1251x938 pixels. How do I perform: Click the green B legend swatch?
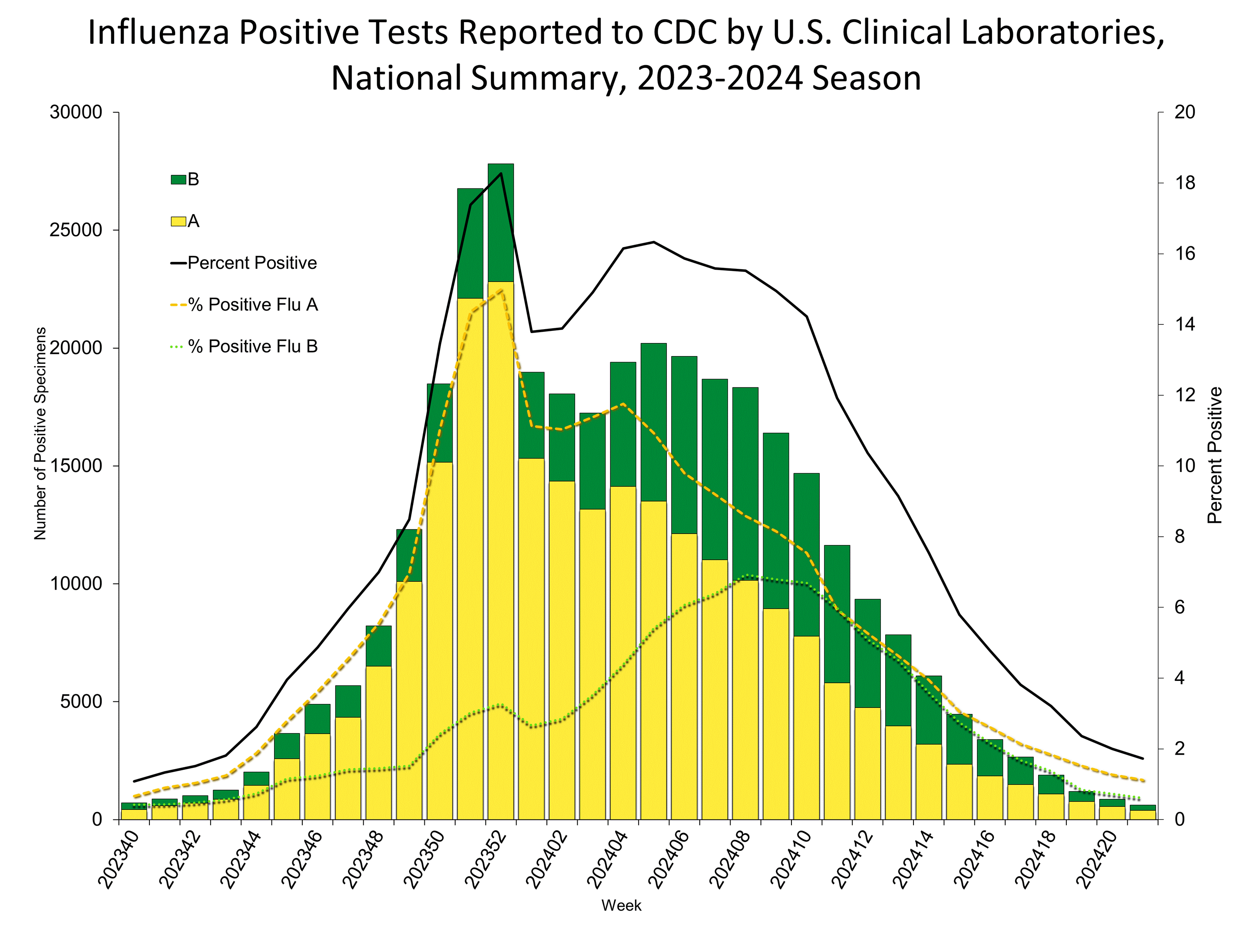[x=178, y=180]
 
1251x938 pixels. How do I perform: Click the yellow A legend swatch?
[x=178, y=221]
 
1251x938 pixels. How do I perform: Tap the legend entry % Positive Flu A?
[x=253, y=305]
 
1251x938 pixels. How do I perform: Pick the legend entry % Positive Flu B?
[x=253, y=347]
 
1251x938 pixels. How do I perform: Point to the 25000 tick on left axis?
[x=76, y=230]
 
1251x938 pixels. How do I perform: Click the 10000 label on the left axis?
[x=76, y=584]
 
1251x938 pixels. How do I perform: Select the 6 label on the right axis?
[x=1179, y=607]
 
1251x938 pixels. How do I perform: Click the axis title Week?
[x=621, y=905]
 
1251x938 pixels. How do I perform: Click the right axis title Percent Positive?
[x=1214, y=455]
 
